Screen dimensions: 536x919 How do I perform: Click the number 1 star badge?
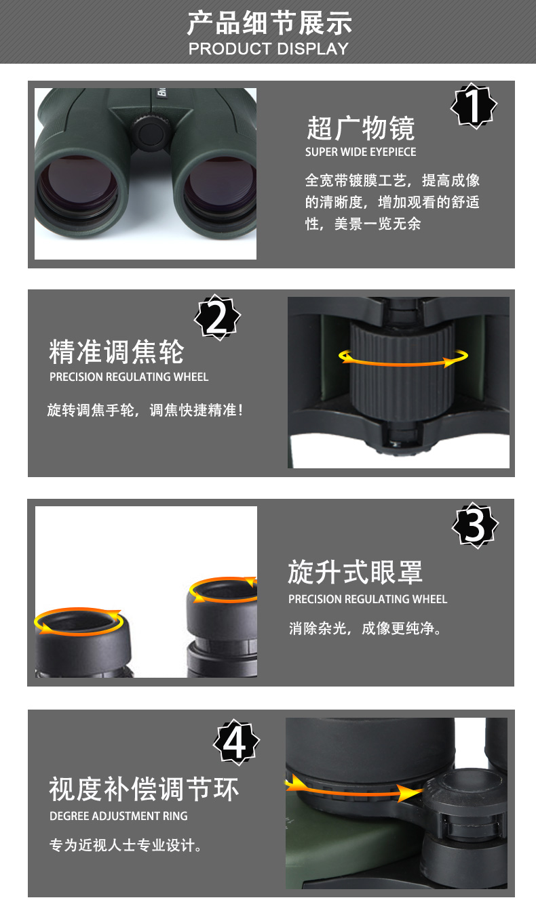(474, 106)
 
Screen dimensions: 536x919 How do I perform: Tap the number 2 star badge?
(217, 317)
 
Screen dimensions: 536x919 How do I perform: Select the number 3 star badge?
(475, 525)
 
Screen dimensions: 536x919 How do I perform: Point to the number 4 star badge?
(236, 742)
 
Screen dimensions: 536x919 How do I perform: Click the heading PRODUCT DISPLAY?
(269, 49)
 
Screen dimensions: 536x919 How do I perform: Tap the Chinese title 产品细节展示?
(269, 24)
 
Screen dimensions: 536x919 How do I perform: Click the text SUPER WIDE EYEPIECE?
(361, 152)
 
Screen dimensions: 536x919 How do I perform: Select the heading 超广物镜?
(361, 128)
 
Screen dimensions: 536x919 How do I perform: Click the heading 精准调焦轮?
(117, 352)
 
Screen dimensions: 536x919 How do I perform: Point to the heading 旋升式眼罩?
(356, 572)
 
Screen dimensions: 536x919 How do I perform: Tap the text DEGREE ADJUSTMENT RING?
(119, 816)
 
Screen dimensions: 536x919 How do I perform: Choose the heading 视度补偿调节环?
(144, 789)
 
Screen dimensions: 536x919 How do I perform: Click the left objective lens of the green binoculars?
(78, 186)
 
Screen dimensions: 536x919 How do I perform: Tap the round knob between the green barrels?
(151, 133)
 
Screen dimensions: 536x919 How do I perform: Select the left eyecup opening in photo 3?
(79, 621)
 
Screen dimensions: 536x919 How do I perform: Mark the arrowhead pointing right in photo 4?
(408, 793)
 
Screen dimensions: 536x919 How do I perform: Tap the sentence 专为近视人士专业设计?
(126, 846)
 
